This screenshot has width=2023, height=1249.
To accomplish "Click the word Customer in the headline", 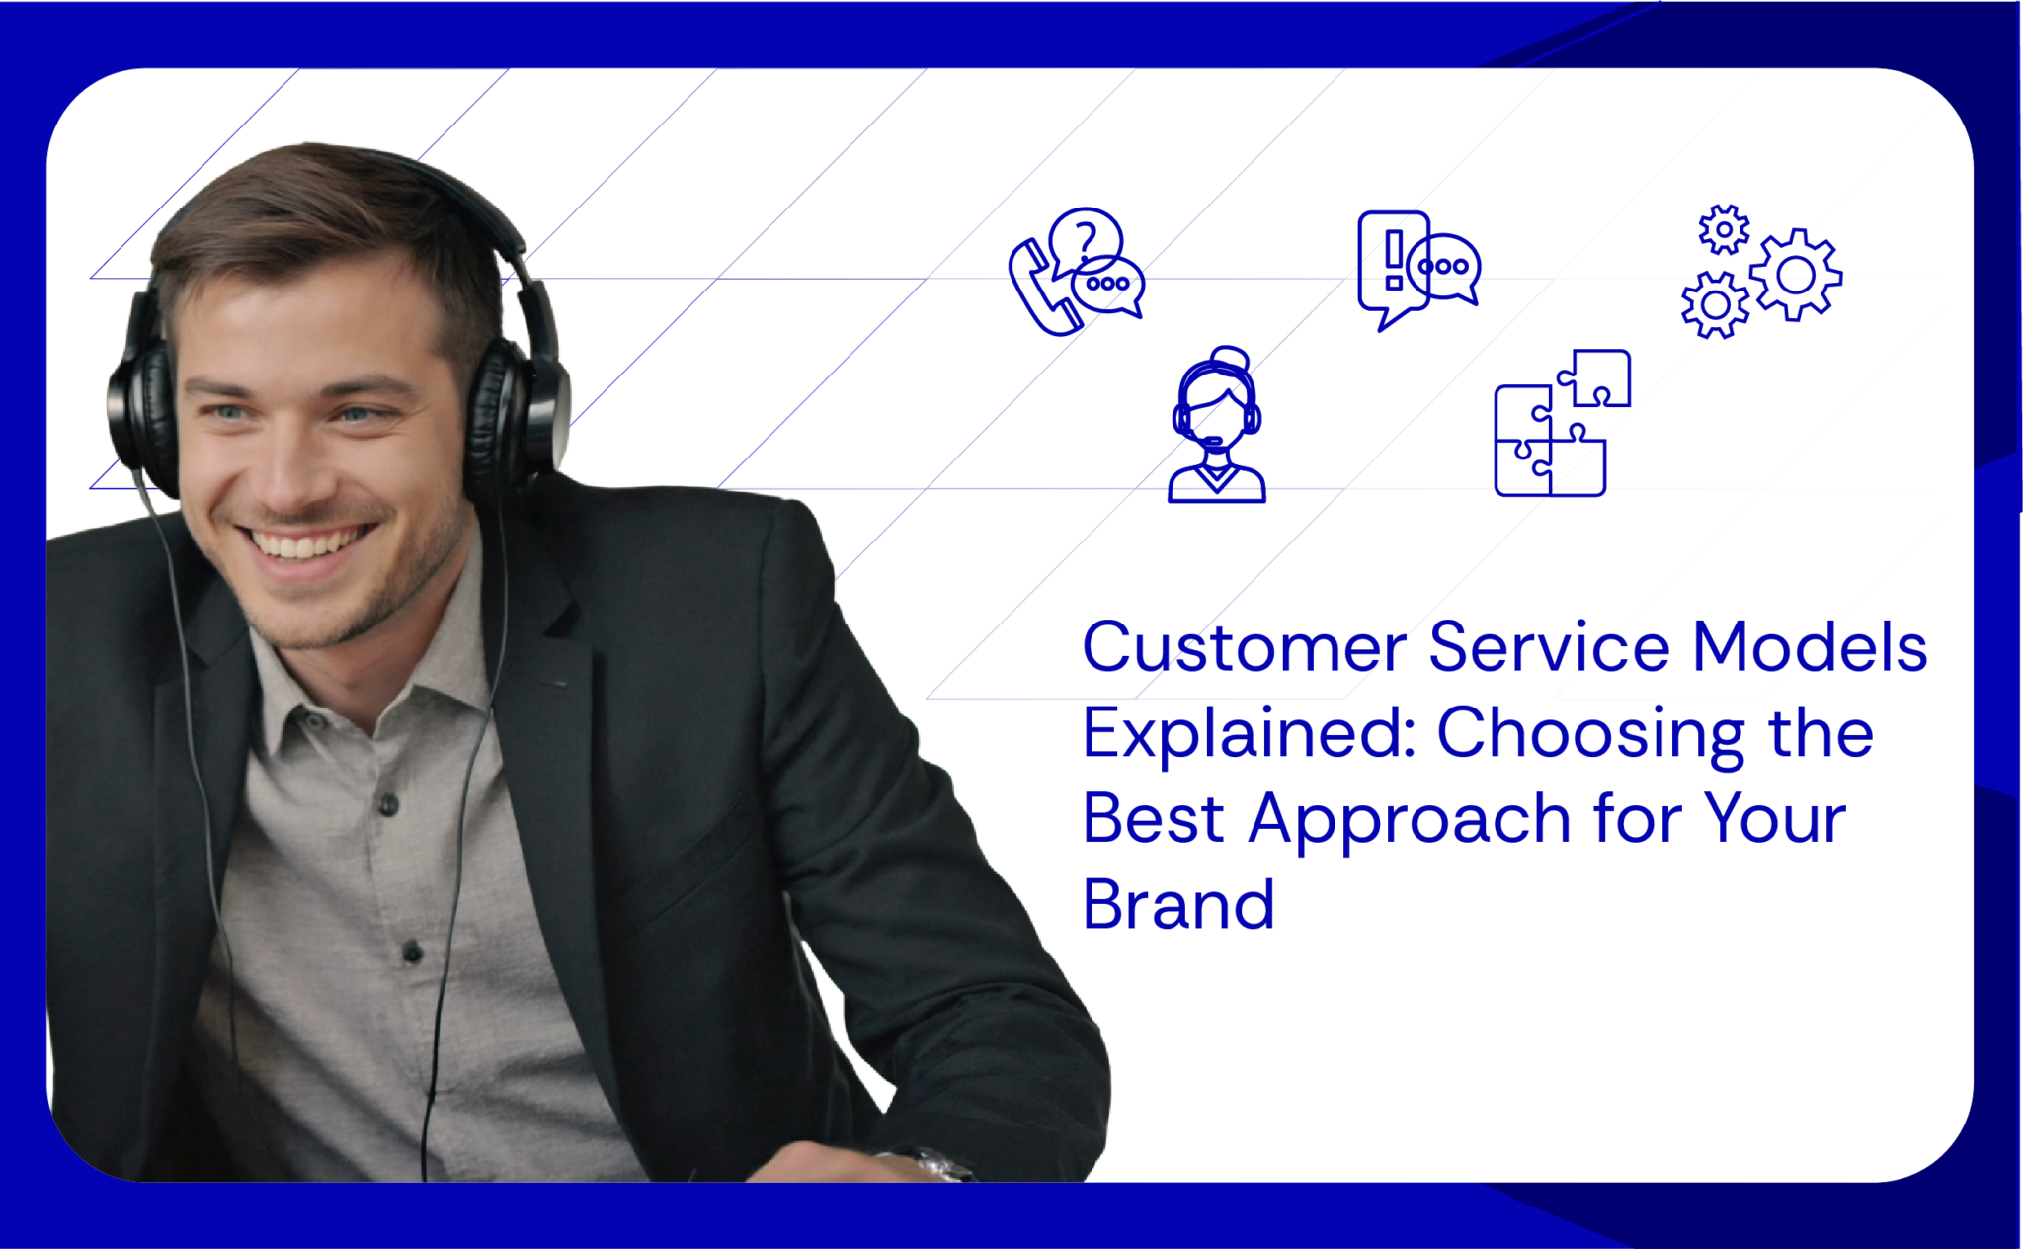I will pyautogui.click(x=1243, y=648).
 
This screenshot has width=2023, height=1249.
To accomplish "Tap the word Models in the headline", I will pyautogui.click(x=1810, y=648).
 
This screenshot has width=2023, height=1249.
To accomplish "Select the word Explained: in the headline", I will pyautogui.click(x=1250, y=735).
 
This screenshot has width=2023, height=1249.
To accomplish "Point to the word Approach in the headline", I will pyautogui.click(x=1410, y=821).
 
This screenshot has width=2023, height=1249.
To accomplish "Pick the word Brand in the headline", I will pyautogui.click(x=1178, y=905).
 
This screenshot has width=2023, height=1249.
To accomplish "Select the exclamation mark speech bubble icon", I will pyautogui.click(x=1394, y=262).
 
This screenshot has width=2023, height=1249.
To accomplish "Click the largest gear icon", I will pyautogui.click(x=1796, y=275).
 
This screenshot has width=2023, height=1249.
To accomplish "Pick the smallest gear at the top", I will pyautogui.click(x=1724, y=230).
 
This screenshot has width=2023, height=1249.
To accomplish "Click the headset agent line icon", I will pyautogui.click(x=1216, y=426).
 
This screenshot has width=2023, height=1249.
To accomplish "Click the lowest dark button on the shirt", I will pyautogui.click(x=413, y=953).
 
